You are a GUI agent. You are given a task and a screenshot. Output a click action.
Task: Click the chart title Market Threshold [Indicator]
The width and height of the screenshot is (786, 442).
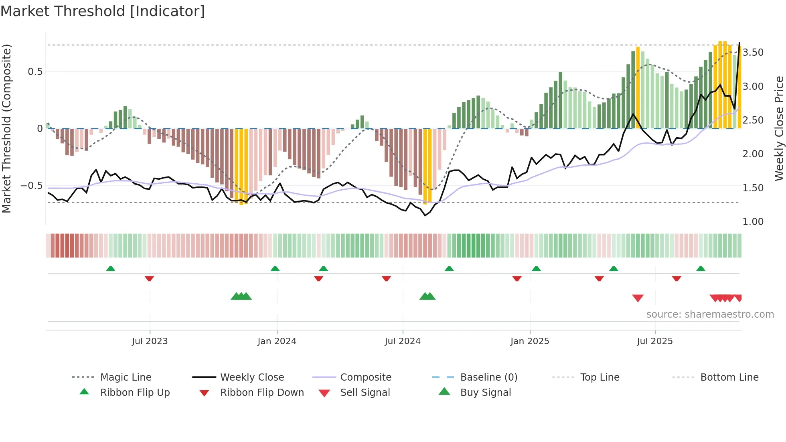[x=103, y=11]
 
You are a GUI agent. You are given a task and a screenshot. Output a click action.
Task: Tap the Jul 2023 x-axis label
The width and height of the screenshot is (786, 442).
[x=150, y=341]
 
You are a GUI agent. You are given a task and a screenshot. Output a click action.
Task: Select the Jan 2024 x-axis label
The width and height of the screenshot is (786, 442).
[x=277, y=341]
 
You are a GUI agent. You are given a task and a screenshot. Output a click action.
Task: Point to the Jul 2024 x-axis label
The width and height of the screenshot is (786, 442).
[x=403, y=341]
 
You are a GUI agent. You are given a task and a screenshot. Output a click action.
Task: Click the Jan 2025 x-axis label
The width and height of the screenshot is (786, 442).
[x=530, y=341]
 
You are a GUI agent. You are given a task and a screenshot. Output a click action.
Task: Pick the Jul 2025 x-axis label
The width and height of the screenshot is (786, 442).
[x=655, y=341]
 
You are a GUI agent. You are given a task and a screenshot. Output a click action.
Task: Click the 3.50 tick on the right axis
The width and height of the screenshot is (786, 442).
[x=753, y=53]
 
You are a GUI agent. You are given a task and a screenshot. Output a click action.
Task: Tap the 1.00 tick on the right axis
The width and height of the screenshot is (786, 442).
[x=753, y=222]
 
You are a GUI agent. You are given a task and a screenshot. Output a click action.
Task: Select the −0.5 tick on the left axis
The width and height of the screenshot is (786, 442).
[x=32, y=186]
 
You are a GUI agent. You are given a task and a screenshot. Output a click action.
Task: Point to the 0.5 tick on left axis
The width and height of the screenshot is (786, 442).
[x=35, y=72]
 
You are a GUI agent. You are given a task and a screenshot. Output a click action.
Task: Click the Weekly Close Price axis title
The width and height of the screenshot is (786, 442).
[x=779, y=128]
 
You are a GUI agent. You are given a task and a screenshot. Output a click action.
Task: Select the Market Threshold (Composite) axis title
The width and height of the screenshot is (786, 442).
[x=6, y=128]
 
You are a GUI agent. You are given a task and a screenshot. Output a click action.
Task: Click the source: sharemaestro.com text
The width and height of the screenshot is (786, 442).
[x=710, y=314]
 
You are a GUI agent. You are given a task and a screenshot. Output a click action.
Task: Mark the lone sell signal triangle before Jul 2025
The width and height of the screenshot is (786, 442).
[x=638, y=298]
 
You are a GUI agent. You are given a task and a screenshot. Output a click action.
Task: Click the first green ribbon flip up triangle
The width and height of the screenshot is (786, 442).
[x=111, y=269]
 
